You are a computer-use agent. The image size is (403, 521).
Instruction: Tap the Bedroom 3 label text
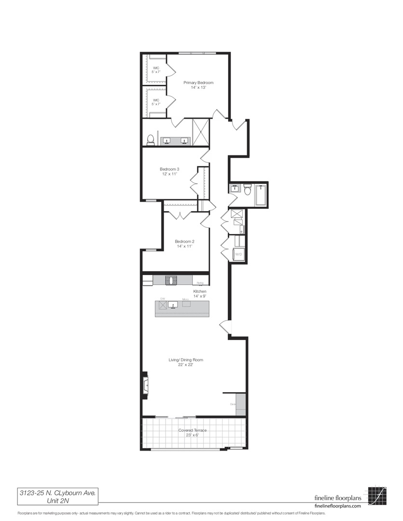(169, 171)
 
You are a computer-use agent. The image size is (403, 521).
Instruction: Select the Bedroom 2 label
(184, 244)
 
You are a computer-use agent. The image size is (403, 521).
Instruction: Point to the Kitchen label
(200, 294)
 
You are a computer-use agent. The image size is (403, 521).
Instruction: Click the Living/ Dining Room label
(185, 362)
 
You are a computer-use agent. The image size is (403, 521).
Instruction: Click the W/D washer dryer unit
(238, 254)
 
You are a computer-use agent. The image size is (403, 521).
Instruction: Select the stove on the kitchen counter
(171, 280)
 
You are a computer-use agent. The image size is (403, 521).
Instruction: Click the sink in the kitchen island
(173, 304)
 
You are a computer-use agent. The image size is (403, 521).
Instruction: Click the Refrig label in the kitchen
(200, 283)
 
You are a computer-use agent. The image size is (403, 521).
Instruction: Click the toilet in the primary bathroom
(150, 140)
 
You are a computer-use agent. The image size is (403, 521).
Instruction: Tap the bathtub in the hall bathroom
(261, 195)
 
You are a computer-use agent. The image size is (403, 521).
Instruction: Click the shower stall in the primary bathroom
(200, 131)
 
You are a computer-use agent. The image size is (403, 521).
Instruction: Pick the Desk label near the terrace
(233, 404)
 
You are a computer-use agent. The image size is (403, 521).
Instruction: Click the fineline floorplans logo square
(377, 495)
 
